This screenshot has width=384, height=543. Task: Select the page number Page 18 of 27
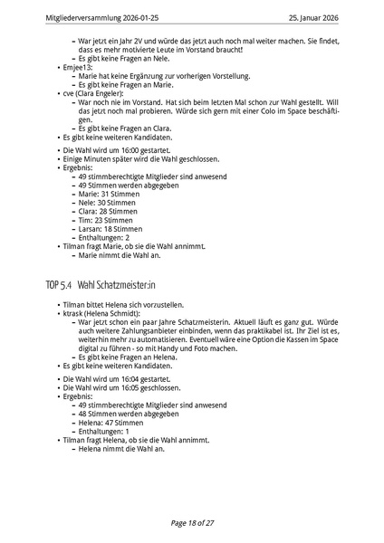191,523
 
